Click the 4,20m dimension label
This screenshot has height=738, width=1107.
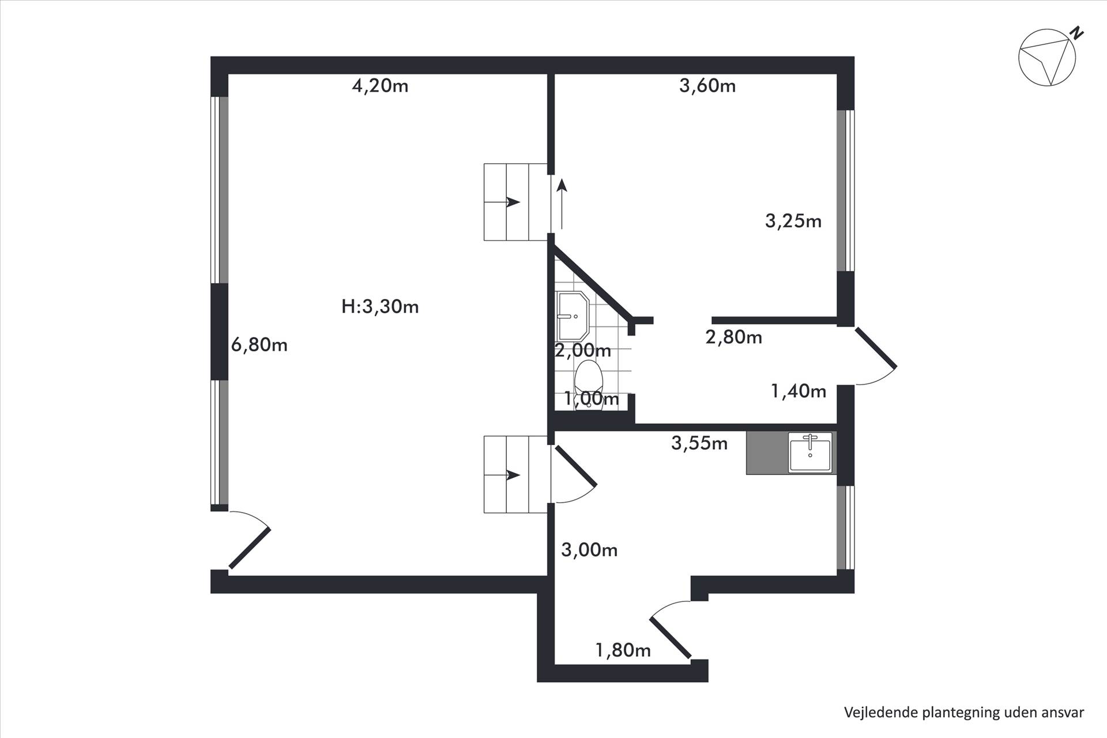click(380, 86)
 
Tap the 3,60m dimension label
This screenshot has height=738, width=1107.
click(707, 86)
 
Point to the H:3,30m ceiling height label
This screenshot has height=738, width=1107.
click(380, 306)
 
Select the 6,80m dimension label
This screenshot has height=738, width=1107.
click(259, 345)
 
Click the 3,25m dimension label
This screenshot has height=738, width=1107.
click(793, 221)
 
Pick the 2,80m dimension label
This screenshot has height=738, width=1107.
click(733, 337)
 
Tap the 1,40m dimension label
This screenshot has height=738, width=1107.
click(799, 391)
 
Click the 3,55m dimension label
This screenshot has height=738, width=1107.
click(699, 443)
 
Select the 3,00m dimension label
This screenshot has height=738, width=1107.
click(589, 550)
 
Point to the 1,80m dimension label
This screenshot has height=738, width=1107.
click(623, 650)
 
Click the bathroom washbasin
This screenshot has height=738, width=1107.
click(572, 316)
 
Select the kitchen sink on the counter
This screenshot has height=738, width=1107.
click(810, 452)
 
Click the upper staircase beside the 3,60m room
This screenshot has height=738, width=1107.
click(515, 202)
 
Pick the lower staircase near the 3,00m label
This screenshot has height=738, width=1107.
click(515, 475)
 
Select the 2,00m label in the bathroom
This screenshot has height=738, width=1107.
click(583, 350)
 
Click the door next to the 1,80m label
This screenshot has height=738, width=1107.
click(671, 630)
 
